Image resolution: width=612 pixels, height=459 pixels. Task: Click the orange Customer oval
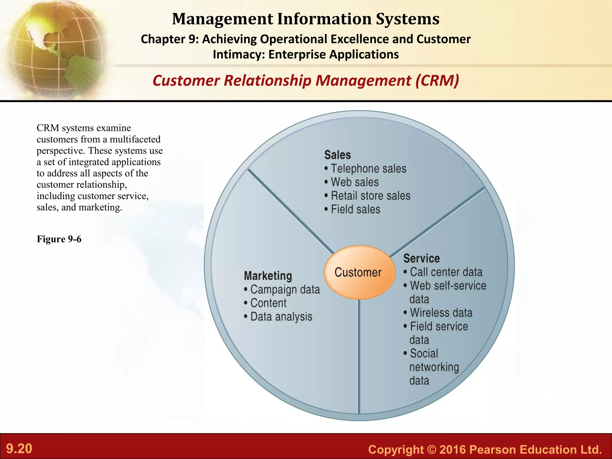pyautogui.click(x=359, y=273)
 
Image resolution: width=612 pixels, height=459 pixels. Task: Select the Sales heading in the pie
pyautogui.click(x=337, y=155)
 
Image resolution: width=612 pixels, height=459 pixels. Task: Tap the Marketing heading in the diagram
pyautogui.click(x=268, y=276)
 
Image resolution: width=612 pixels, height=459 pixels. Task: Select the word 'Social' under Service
pyautogui.click(x=424, y=354)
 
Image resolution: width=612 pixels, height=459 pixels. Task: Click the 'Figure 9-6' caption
pyautogui.click(x=59, y=239)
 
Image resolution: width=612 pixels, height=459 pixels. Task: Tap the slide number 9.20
pyautogui.click(x=19, y=449)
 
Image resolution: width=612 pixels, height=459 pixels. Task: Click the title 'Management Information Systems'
pyautogui.click(x=306, y=19)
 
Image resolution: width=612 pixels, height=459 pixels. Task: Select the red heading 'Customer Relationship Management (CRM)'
pyautogui.click(x=306, y=81)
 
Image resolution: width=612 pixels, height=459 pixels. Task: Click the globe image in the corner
pyautogui.click(x=55, y=49)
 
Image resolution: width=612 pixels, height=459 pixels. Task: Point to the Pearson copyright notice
pyautogui.click(x=485, y=449)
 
